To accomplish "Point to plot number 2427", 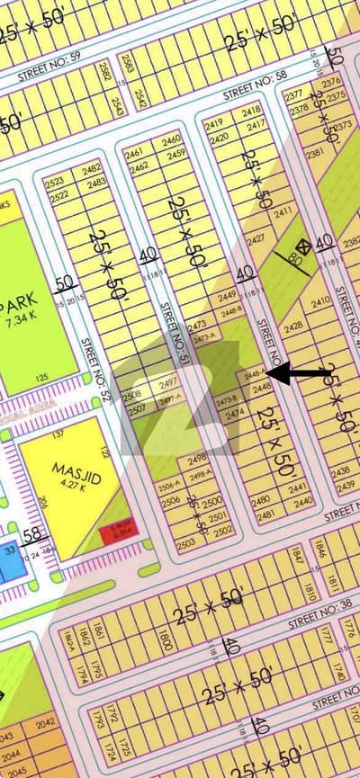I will click(256, 239).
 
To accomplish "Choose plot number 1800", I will click(165, 640).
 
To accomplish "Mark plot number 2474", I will click(235, 414).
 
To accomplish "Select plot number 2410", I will click(320, 303).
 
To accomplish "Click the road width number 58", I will click(33, 536).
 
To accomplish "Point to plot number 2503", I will click(185, 544).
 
